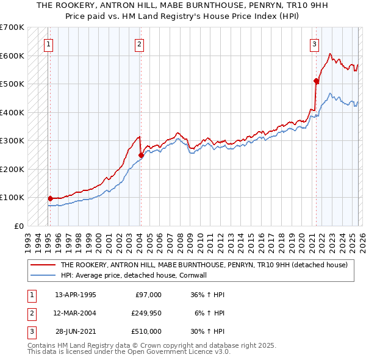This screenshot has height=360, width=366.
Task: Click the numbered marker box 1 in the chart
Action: (48, 44)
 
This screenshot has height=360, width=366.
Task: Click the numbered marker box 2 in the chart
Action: (140, 44)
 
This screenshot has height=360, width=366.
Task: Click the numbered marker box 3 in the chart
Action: (314, 44)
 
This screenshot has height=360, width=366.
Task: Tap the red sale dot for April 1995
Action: (51, 198)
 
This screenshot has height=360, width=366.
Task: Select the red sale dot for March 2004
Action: (141, 155)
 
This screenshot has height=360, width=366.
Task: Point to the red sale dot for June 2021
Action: (316, 81)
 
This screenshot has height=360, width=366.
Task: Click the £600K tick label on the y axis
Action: (12, 56)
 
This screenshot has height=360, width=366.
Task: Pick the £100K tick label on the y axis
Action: (12, 197)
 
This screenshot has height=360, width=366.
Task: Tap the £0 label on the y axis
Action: (18, 226)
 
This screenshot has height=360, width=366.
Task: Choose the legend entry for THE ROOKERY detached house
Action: (204, 265)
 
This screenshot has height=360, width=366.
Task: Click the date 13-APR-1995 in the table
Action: (76, 295)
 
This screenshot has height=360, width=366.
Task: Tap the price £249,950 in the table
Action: (146, 313)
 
